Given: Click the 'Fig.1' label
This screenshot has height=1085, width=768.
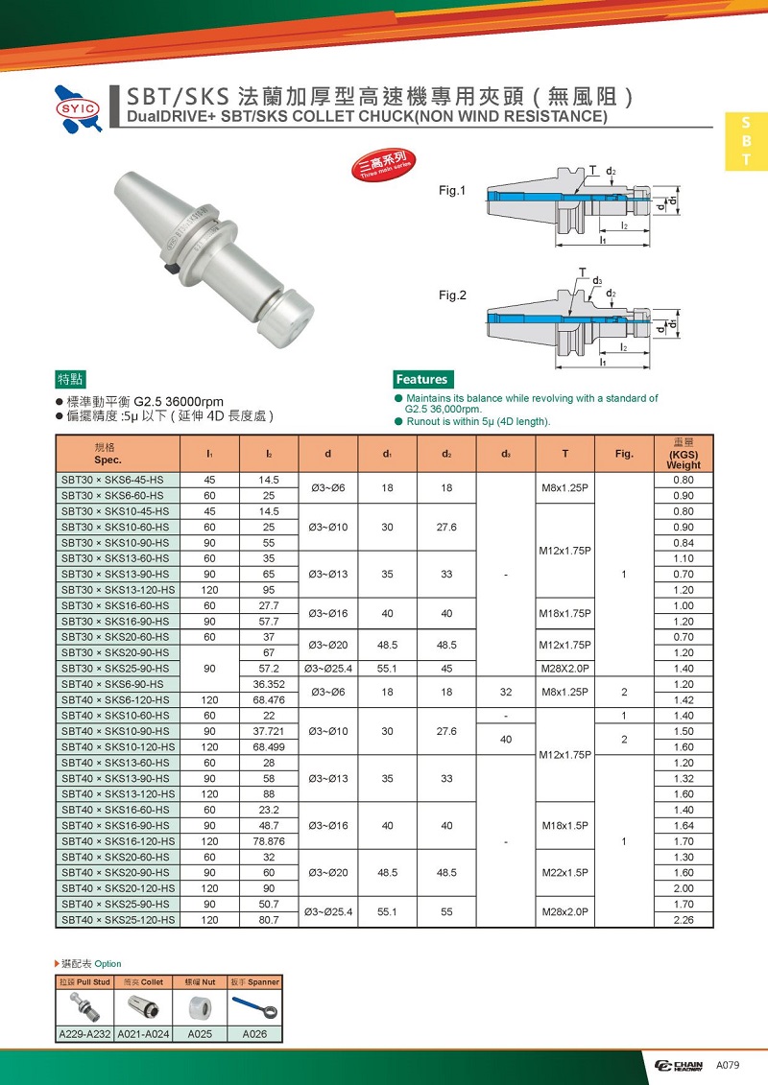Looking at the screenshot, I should (x=452, y=191).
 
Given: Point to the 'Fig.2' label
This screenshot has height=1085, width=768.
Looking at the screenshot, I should (x=452, y=295).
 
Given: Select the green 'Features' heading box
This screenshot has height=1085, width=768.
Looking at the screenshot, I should (x=422, y=379).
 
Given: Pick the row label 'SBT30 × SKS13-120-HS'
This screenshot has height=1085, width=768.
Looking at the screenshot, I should (x=118, y=589).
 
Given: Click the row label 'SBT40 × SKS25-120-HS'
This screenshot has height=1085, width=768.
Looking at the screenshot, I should (x=118, y=920).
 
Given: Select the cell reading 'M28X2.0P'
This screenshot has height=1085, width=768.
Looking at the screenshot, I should (x=564, y=668).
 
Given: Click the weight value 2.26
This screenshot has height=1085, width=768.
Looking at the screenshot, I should (x=684, y=920).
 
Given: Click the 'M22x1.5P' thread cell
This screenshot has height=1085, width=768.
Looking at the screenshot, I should (x=564, y=872).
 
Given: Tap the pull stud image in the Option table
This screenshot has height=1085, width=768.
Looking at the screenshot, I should (x=84, y=1008).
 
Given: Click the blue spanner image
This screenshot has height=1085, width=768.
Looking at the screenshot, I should (x=255, y=1008).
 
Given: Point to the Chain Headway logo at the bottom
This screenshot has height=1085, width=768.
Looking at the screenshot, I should (x=679, y=1065).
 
